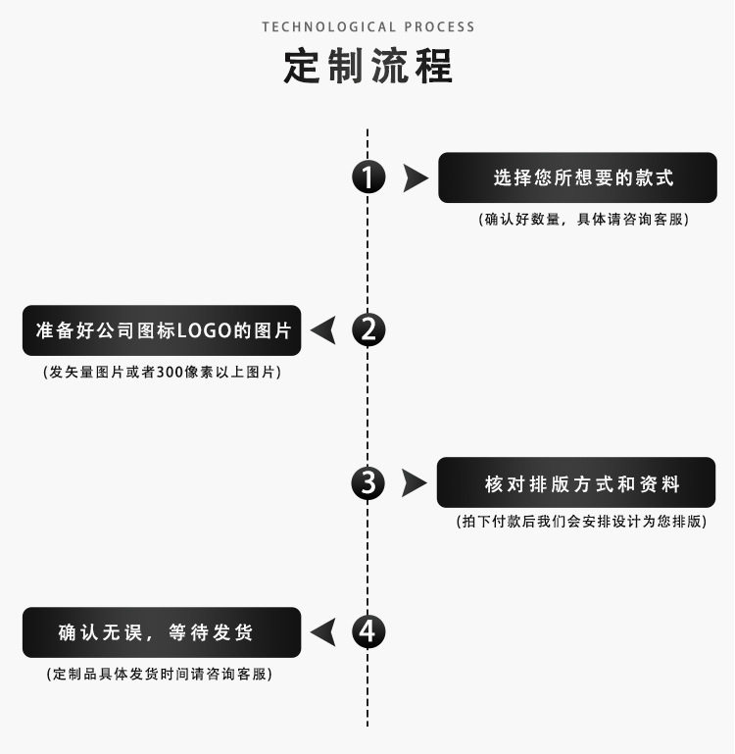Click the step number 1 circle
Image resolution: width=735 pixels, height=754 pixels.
(x=367, y=177)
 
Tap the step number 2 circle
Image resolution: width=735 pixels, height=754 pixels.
(x=367, y=330)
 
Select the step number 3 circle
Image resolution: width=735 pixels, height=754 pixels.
(x=367, y=482)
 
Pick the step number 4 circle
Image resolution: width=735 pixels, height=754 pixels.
(x=367, y=631)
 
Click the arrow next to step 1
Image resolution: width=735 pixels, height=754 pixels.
(x=416, y=178)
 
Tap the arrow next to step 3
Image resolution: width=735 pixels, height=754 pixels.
(x=415, y=483)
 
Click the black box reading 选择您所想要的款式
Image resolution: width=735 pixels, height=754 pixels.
(x=577, y=177)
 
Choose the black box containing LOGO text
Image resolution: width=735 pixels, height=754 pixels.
(x=162, y=330)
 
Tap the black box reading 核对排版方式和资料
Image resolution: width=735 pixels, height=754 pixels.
(x=576, y=482)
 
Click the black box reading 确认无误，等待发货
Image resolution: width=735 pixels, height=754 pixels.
(x=162, y=632)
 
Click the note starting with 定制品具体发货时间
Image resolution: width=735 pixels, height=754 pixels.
(x=160, y=675)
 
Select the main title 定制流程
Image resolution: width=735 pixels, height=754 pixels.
(x=367, y=66)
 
